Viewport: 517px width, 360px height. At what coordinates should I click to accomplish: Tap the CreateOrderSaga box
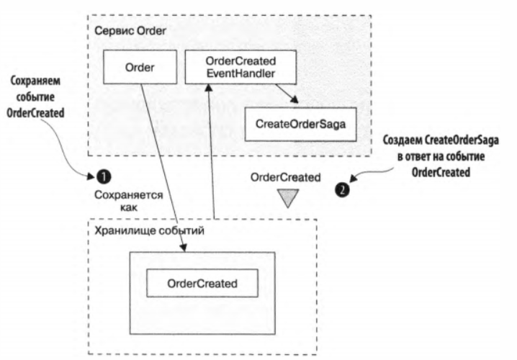[x=300, y=124]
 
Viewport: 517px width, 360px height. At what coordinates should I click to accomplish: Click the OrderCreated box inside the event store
[x=202, y=282]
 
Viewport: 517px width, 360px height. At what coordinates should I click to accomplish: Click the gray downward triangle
[x=288, y=198]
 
